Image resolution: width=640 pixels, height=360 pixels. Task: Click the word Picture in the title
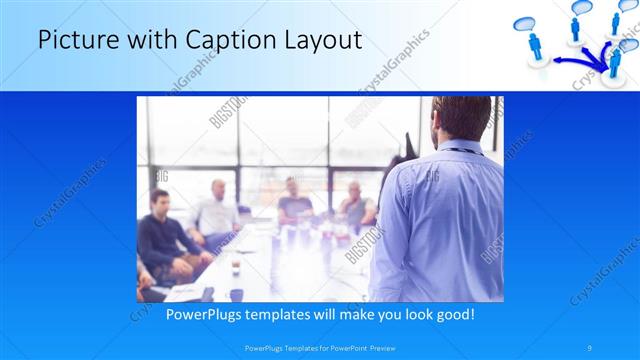tap(73, 41)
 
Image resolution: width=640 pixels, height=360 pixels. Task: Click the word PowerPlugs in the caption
tap(201, 315)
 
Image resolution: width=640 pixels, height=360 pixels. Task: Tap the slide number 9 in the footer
tap(590, 347)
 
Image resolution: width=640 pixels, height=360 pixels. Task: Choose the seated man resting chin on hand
tap(354, 205)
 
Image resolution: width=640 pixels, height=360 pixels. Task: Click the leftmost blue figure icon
tap(534, 45)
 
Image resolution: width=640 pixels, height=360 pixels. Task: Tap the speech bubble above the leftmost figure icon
tap(531, 24)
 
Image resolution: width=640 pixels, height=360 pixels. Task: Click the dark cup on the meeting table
tap(236, 268)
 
